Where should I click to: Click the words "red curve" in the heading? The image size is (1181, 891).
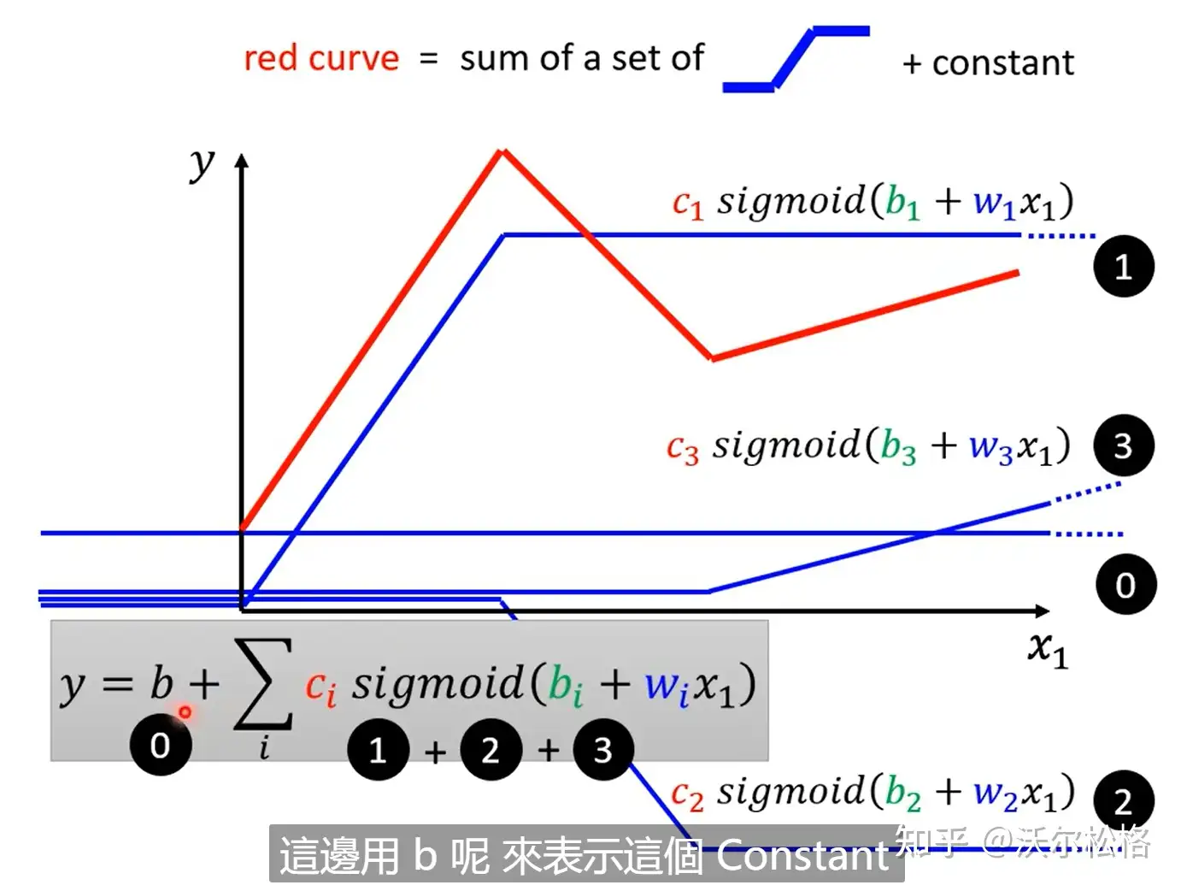pyautogui.click(x=320, y=58)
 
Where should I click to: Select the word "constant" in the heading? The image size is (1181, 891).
pyautogui.click(x=1002, y=63)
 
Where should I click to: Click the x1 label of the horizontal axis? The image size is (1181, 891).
pyautogui.click(x=1048, y=650)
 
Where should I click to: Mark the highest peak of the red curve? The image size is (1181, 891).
pyautogui.click(x=502, y=152)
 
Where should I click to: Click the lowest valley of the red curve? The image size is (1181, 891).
pyautogui.click(x=711, y=357)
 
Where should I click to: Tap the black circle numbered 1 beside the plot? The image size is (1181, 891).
pyautogui.click(x=1124, y=267)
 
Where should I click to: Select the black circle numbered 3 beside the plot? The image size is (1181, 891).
pyautogui.click(x=1123, y=445)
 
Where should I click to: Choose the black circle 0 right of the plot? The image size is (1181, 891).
pyautogui.click(x=1125, y=585)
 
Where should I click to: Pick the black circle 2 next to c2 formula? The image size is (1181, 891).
pyautogui.click(x=1122, y=801)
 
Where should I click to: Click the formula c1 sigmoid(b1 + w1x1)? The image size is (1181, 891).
pyautogui.click(x=872, y=203)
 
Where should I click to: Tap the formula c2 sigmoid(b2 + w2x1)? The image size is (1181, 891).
pyautogui.click(x=872, y=794)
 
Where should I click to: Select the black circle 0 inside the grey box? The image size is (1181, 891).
pyautogui.click(x=161, y=746)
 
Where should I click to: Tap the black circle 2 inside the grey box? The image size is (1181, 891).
pyautogui.click(x=490, y=750)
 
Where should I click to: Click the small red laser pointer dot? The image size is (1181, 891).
pyautogui.click(x=185, y=711)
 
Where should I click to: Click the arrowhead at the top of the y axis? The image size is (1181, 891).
pyautogui.click(x=242, y=161)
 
